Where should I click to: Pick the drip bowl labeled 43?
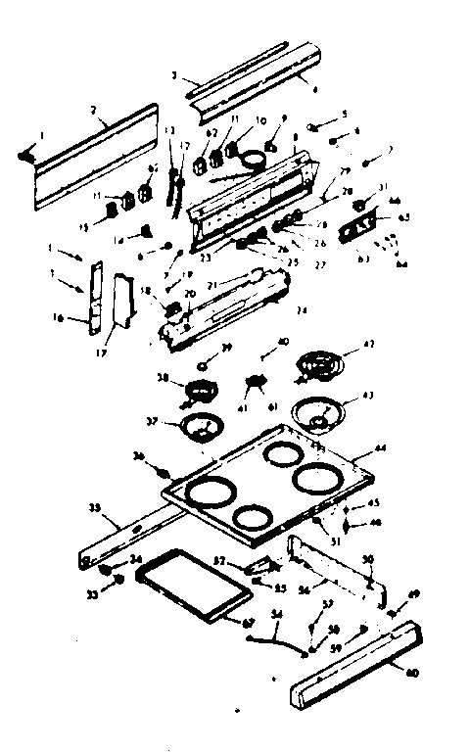click(x=317, y=412)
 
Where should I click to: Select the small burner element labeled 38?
click(x=201, y=393)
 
